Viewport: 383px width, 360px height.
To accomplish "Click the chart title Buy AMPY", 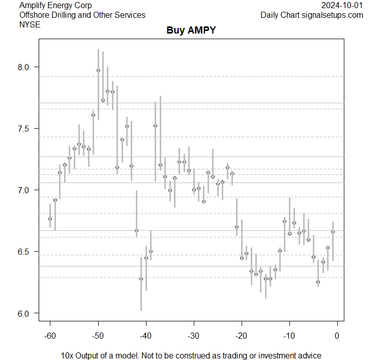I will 191,31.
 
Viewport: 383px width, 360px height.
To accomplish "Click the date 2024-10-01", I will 342,6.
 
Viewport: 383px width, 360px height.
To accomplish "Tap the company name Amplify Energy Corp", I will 56,6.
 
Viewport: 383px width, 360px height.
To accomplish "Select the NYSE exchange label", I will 30,24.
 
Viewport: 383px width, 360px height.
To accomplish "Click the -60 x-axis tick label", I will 50,335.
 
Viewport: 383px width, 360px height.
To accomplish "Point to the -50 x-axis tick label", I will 98,335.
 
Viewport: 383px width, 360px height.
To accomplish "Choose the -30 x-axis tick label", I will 193,335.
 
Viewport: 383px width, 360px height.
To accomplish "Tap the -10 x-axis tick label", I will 289,335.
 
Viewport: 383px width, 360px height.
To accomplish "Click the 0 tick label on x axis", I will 337,335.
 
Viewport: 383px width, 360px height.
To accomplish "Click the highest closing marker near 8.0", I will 98,70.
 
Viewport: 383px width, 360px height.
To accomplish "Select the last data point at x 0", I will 333,231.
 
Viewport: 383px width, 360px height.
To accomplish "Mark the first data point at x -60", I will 50,219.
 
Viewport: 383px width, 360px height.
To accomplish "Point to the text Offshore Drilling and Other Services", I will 82,15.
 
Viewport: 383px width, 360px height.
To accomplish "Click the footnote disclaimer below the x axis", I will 191,355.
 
